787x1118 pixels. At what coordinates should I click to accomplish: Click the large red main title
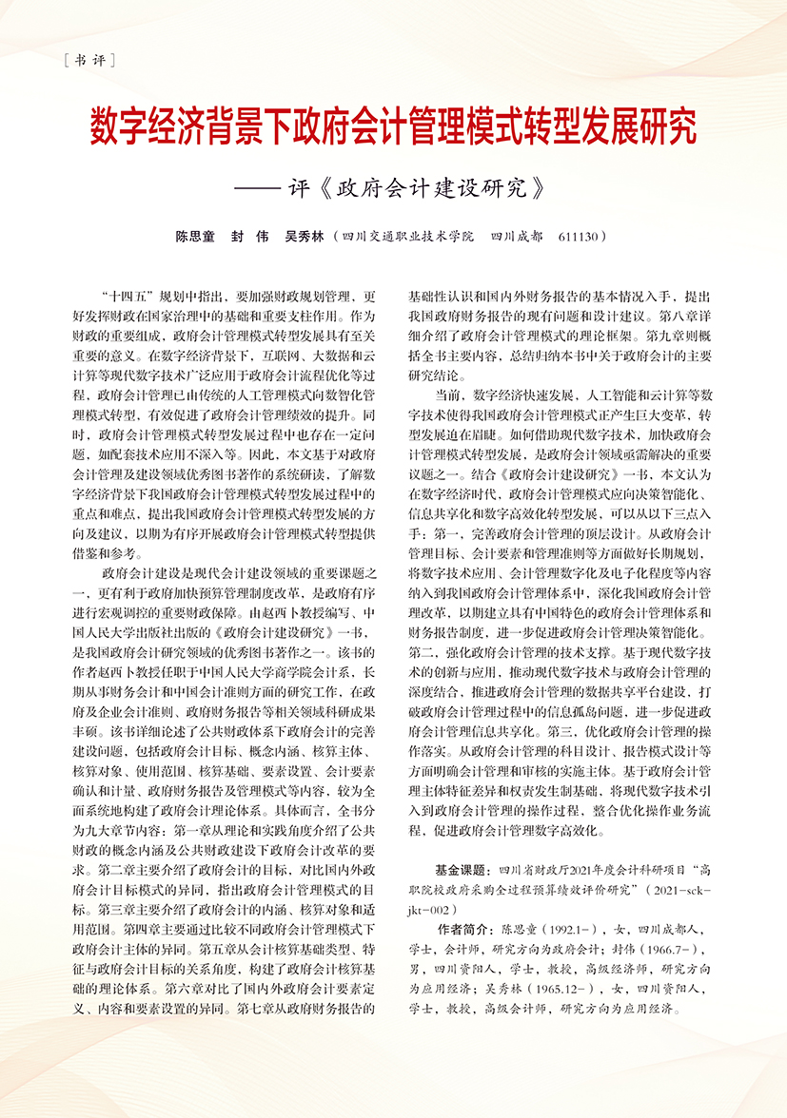click(x=393, y=127)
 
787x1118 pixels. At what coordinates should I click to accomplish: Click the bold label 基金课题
click(x=460, y=869)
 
